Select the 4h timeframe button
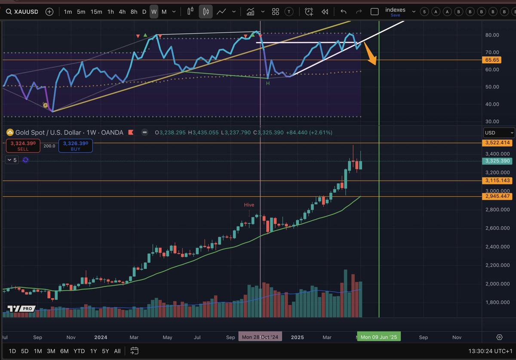[122, 12]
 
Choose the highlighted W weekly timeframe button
[154, 12]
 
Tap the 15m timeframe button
[96, 12]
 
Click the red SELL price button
[23, 146]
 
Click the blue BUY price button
[75, 146]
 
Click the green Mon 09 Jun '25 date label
[378, 337]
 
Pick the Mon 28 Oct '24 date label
[260, 337]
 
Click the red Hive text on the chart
[249, 205]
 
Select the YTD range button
[79, 351]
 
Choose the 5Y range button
[105, 351]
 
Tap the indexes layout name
[395, 10]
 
